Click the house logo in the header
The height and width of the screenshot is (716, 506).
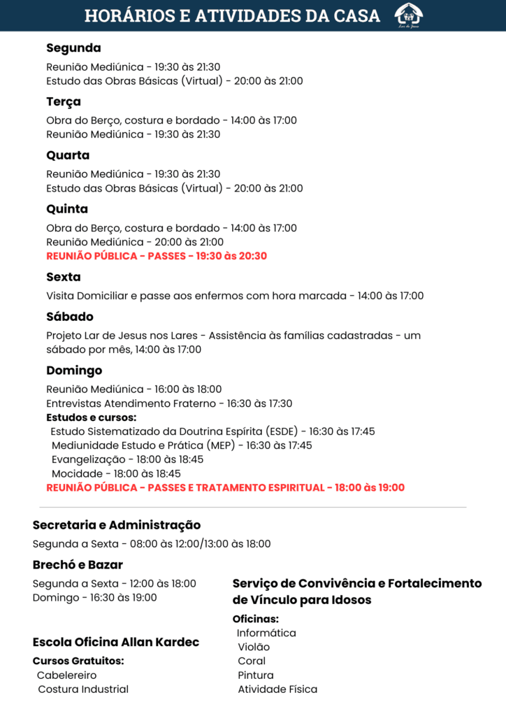[x=408, y=15]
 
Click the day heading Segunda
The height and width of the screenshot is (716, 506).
[x=73, y=48]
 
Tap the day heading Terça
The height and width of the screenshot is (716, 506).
[x=64, y=102]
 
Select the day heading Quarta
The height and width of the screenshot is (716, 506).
[x=68, y=155]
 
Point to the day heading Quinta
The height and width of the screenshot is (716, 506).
[x=67, y=209]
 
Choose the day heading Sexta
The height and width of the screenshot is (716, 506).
[x=64, y=277]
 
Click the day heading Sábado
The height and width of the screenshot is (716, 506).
[x=70, y=317]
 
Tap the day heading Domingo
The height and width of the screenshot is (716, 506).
[x=74, y=371]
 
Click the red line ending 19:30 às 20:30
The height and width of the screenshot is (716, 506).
[x=157, y=256]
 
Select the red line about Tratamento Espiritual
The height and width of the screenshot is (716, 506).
[x=225, y=487]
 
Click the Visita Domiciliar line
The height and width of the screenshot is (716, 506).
[x=235, y=296]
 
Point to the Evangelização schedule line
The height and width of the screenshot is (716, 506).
[x=127, y=459]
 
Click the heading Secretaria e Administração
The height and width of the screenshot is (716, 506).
[x=117, y=525]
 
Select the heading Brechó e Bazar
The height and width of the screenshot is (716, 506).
[x=78, y=565]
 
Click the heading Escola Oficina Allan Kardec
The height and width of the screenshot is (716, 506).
[x=116, y=642]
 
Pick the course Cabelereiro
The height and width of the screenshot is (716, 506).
[x=67, y=675]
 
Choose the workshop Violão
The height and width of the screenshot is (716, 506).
[x=253, y=647]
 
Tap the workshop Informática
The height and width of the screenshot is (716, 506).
[x=266, y=633]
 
